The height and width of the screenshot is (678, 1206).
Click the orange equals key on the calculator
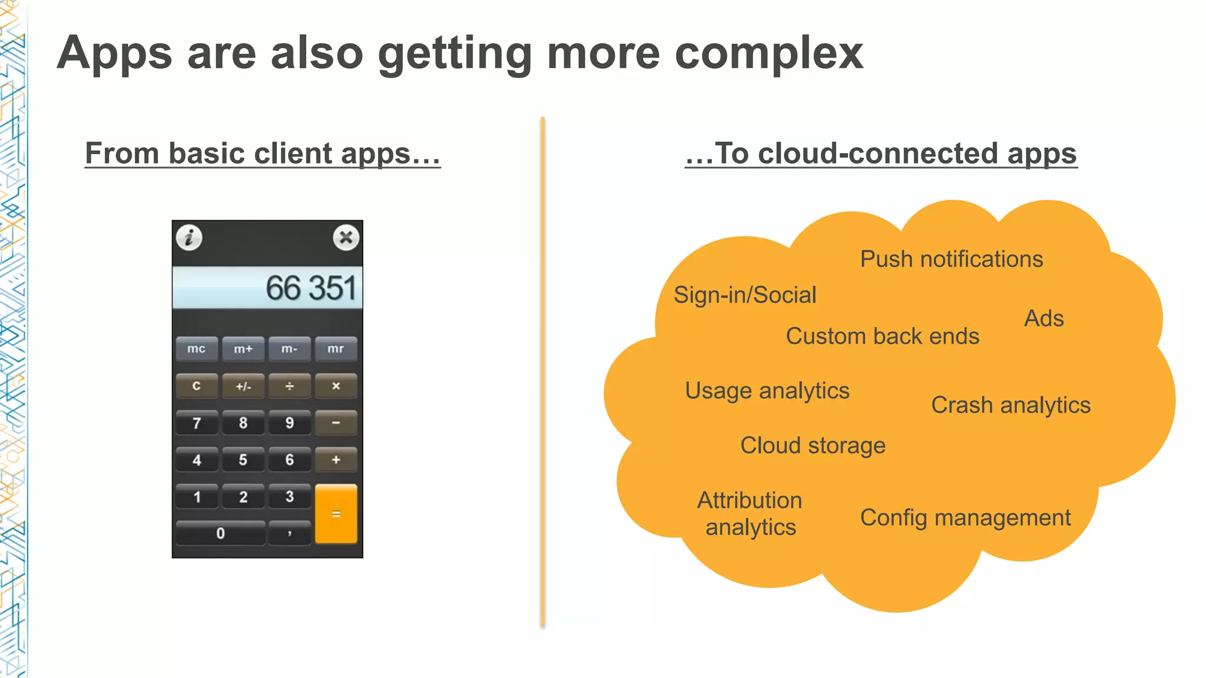coord(336,514)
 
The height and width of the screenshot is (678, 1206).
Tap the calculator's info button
coord(189,238)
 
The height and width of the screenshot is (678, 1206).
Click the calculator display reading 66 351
coord(267,288)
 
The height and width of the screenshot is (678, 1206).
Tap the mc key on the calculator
coord(197,349)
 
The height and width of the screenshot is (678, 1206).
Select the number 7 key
coord(197,423)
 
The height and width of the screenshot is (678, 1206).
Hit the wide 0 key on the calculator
coord(220,533)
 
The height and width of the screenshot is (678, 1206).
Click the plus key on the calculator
coord(336,460)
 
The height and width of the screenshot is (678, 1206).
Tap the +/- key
coord(243,386)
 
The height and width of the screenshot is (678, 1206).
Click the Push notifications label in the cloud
coord(951,259)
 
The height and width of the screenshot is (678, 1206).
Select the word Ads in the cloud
coord(1043,318)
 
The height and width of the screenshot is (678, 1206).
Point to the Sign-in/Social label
coord(745,295)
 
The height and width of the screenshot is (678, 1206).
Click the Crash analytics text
coord(1010,405)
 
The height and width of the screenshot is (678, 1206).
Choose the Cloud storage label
coord(813,446)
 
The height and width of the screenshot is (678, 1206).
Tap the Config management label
coord(965,517)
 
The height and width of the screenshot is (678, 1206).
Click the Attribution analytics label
coord(750,513)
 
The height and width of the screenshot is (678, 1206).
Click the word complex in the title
coord(768,53)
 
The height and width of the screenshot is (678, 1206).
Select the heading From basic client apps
coord(263,154)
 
